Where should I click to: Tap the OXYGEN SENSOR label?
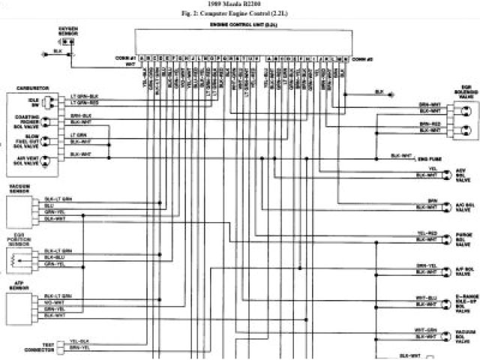pos(67,30)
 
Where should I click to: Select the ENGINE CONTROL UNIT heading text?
pos(239,24)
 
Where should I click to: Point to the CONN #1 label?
pos(126,58)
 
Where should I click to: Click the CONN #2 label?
pos(363,58)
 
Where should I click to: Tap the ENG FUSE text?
pos(429,159)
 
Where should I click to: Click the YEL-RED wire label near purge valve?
pos(427,234)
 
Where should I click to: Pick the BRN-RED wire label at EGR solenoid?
pos(429,124)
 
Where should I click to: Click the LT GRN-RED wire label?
pos(85,102)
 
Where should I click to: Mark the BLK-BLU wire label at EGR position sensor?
pos(58,257)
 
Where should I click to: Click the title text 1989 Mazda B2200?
pos(239,4)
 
